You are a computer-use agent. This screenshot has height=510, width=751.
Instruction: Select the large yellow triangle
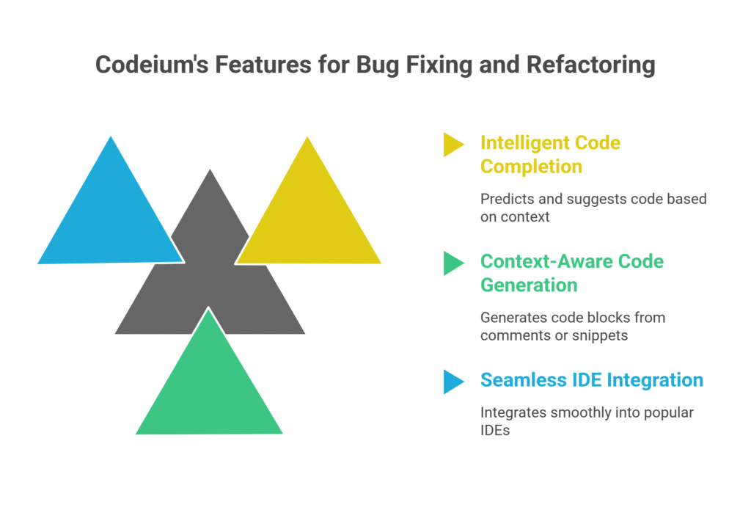coord(308,220)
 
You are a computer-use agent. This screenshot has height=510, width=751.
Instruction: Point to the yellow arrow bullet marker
coord(453,145)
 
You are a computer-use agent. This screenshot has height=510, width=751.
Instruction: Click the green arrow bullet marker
coord(453,263)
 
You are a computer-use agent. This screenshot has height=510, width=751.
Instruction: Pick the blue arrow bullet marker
coord(453,382)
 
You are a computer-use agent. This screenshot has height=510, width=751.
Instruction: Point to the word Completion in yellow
coord(531,166)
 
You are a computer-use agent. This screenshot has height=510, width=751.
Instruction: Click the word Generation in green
coord(529,285)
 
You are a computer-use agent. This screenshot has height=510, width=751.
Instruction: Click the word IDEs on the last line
coord(495,431)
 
